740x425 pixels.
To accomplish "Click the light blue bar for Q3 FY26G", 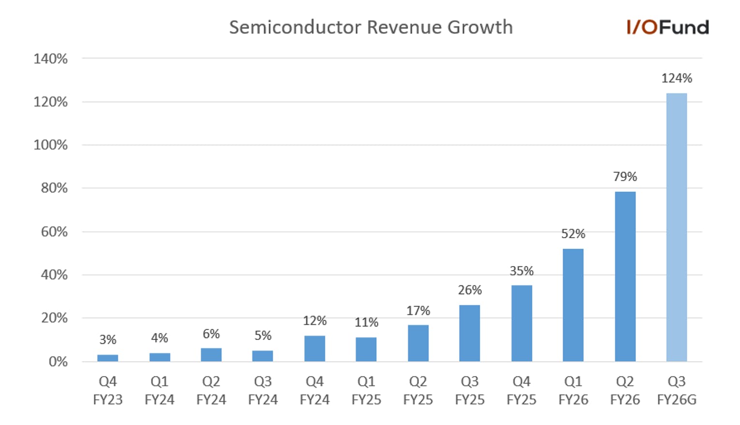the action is (x=677, y=227).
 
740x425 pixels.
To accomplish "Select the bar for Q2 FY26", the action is (x=625, y=277).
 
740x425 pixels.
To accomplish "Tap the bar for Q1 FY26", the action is (x=573, y=305).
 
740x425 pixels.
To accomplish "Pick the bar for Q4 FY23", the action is (x=108, y=358).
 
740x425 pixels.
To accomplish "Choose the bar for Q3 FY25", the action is (x=470, y=333).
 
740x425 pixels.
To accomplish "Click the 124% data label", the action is (x=677, y=79).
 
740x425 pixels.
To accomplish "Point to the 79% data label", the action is (x=625, y=177).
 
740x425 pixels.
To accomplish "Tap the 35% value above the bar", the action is (x=521, y=271).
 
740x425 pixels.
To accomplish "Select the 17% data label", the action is (x=418, y=311).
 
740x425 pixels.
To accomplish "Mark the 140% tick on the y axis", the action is (x=51, y=59).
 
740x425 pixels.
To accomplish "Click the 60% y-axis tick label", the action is (x=54, y=232).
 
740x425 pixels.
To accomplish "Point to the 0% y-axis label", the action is (x=58, y=362).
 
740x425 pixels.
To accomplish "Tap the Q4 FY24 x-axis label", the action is (x=314, y=391).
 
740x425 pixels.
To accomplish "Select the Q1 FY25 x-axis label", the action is (x=366, y=391).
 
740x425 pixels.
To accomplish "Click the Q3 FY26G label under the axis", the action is (x=677, y=391).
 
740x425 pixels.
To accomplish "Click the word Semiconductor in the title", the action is (x=296, y=27).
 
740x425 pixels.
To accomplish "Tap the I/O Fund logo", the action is (x=667, y=27).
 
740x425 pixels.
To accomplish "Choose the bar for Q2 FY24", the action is (x=211, y=354).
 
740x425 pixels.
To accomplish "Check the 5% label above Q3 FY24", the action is (x=263, y=336).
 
